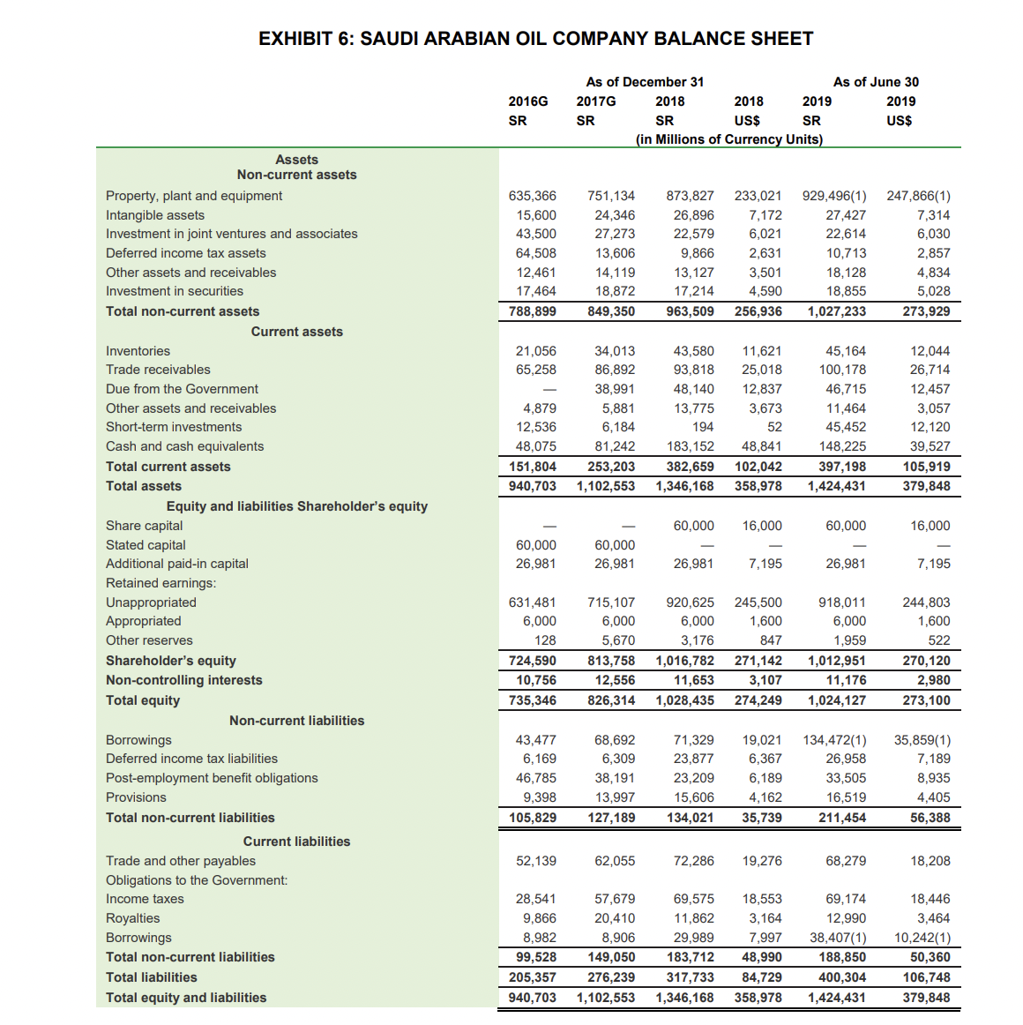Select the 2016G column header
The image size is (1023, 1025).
click(527, 101)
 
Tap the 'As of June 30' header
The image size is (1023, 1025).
click(875, 82)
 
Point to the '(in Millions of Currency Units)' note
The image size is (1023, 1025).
click(728, 139)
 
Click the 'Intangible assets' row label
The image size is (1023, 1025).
click(155, 215)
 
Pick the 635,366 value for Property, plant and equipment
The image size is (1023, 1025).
click(532, 196)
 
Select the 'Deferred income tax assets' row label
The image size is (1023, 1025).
click(185, 253)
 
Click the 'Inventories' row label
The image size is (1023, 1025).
click(138, 351)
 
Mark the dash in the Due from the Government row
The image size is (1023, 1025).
click(549, 390)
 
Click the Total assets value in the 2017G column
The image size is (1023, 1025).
click(605, 486)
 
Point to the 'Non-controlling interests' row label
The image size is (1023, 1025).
click(183, 680)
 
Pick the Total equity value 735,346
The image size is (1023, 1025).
click(532, 700)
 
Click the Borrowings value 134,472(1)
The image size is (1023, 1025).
click(833, 740)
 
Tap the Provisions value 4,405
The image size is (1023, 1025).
click(933, 797)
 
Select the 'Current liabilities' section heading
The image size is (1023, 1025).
click(296, 842)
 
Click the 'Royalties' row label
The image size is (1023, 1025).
click(132, 918)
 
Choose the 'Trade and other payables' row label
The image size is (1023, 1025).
click(180, 861)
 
